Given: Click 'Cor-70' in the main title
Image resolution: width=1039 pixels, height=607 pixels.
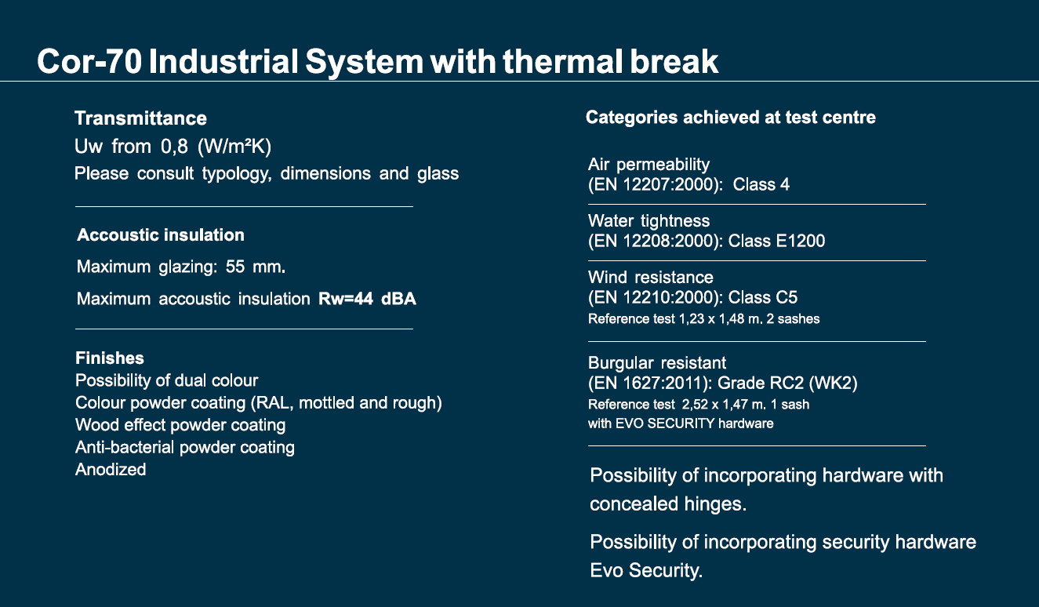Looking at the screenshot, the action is (89, 61).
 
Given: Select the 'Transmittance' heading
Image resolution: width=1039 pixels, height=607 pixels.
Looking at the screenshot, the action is (140, 118).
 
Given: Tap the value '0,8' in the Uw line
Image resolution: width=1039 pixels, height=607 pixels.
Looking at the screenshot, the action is (174, 147).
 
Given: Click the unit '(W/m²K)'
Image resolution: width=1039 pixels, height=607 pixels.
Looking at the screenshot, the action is (234, 147).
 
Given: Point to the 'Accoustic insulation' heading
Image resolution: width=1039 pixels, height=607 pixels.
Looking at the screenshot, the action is (161, 234).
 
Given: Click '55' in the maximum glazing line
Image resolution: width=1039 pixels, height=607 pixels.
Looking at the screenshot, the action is (235, 267).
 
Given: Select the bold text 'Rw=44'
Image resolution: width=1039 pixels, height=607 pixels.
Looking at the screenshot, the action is (346, 298).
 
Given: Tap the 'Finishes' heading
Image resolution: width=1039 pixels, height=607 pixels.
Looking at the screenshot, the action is (110, 358).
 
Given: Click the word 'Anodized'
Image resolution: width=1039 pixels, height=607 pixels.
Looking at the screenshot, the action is (111, 470).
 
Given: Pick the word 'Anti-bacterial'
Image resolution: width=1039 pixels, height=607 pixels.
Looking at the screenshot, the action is (125, 447).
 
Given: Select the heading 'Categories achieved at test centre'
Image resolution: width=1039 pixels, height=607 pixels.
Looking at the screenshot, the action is (731, 118).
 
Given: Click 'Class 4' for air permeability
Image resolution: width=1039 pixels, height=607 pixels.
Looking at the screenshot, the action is (761, 185).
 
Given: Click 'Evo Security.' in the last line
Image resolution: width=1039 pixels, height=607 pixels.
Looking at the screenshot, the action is (646, 570).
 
